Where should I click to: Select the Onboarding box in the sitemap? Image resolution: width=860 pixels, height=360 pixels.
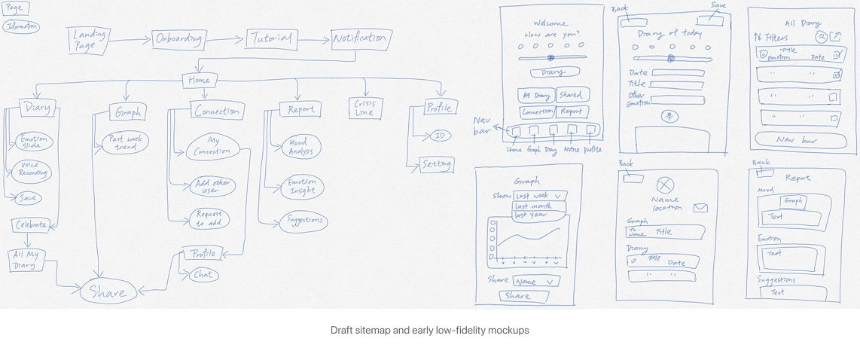[x=179, y=39]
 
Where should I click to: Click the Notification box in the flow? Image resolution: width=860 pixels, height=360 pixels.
[x=360, y=39]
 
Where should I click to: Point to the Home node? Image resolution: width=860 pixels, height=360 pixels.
[x=200, y=81]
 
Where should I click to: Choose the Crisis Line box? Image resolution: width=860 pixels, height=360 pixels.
[x=364, y=108]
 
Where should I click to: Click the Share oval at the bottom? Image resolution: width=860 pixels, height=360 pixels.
[x=108, y=292]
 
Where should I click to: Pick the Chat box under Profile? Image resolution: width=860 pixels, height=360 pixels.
[x=203, y=276]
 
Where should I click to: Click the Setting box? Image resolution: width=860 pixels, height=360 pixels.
[x=437, y=164]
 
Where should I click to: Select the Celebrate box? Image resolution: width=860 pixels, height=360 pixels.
[x=30, y=224]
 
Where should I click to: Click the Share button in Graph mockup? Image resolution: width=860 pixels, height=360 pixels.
[x=518, y=296]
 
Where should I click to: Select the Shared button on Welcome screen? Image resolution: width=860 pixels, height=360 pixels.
[x=571, y=95]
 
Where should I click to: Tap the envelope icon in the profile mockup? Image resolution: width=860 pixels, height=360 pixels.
[x=700, y=208]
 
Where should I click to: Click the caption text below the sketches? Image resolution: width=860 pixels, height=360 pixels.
[x=429, y=331]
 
